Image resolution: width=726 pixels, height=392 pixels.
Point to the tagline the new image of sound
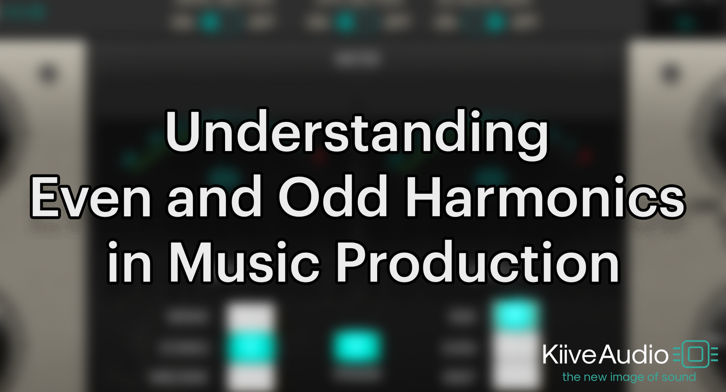click(629, 377)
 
